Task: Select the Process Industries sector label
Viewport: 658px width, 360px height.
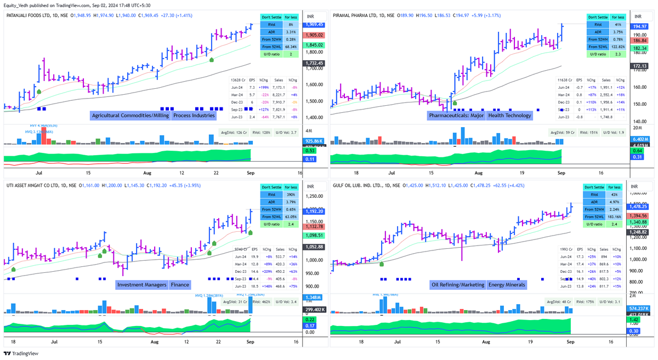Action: [194, 116]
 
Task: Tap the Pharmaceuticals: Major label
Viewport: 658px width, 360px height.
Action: [456, 115]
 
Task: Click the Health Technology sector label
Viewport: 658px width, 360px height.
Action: [509, 115]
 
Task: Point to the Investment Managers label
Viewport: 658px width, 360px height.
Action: [141, 284]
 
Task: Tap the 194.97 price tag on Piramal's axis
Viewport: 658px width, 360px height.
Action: [640, 26]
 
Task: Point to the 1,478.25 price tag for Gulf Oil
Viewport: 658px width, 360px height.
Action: [640, 206]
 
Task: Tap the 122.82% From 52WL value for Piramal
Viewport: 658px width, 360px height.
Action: [616, 47]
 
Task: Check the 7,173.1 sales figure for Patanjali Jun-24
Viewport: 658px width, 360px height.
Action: [280, 87]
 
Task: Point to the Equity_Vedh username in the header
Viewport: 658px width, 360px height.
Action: [20, 5]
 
